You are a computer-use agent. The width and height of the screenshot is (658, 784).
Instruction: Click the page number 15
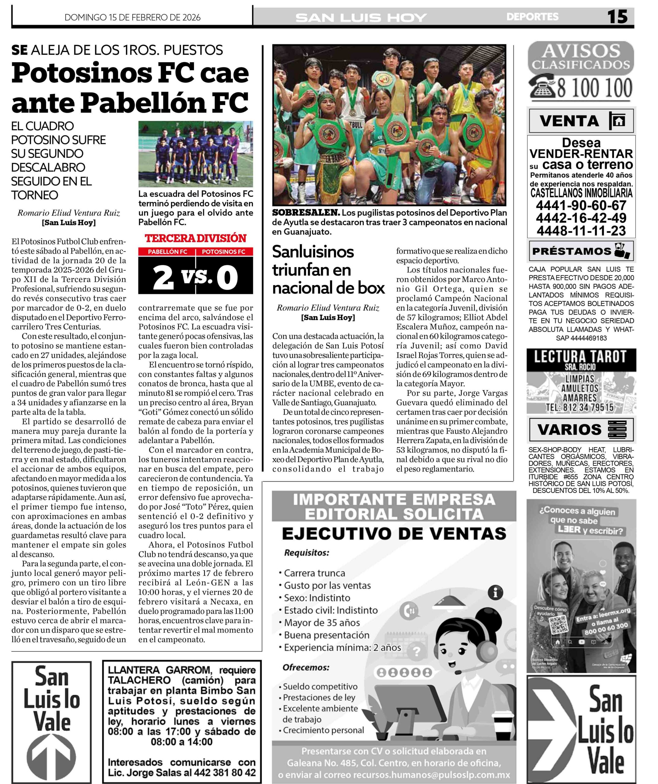(617, 17)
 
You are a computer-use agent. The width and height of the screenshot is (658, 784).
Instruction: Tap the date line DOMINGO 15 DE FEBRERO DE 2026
(133, 17)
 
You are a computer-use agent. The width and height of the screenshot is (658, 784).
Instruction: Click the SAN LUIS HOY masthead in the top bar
(361, 17)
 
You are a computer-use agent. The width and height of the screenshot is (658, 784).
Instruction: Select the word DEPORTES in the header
(532, 17)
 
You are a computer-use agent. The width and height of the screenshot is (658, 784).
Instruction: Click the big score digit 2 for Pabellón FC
(163, 278)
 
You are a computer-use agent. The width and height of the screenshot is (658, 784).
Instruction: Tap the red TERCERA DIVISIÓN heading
(195, 238)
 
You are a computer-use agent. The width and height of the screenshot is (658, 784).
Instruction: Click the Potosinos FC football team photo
(195, 154)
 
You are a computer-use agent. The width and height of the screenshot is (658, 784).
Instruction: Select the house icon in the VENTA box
(618, 121)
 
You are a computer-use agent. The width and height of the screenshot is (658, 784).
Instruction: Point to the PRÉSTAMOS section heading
(571, 251)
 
